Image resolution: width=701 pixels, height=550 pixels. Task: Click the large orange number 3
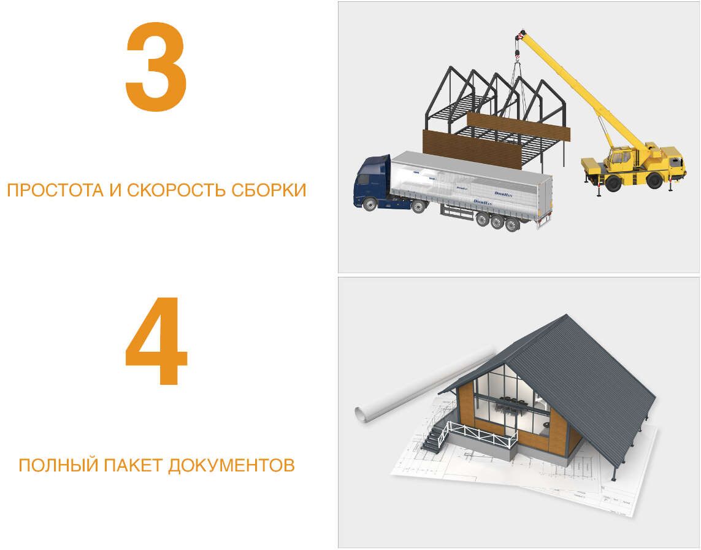click(156, 69)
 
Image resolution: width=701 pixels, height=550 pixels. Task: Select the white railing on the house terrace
click(482, 432)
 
